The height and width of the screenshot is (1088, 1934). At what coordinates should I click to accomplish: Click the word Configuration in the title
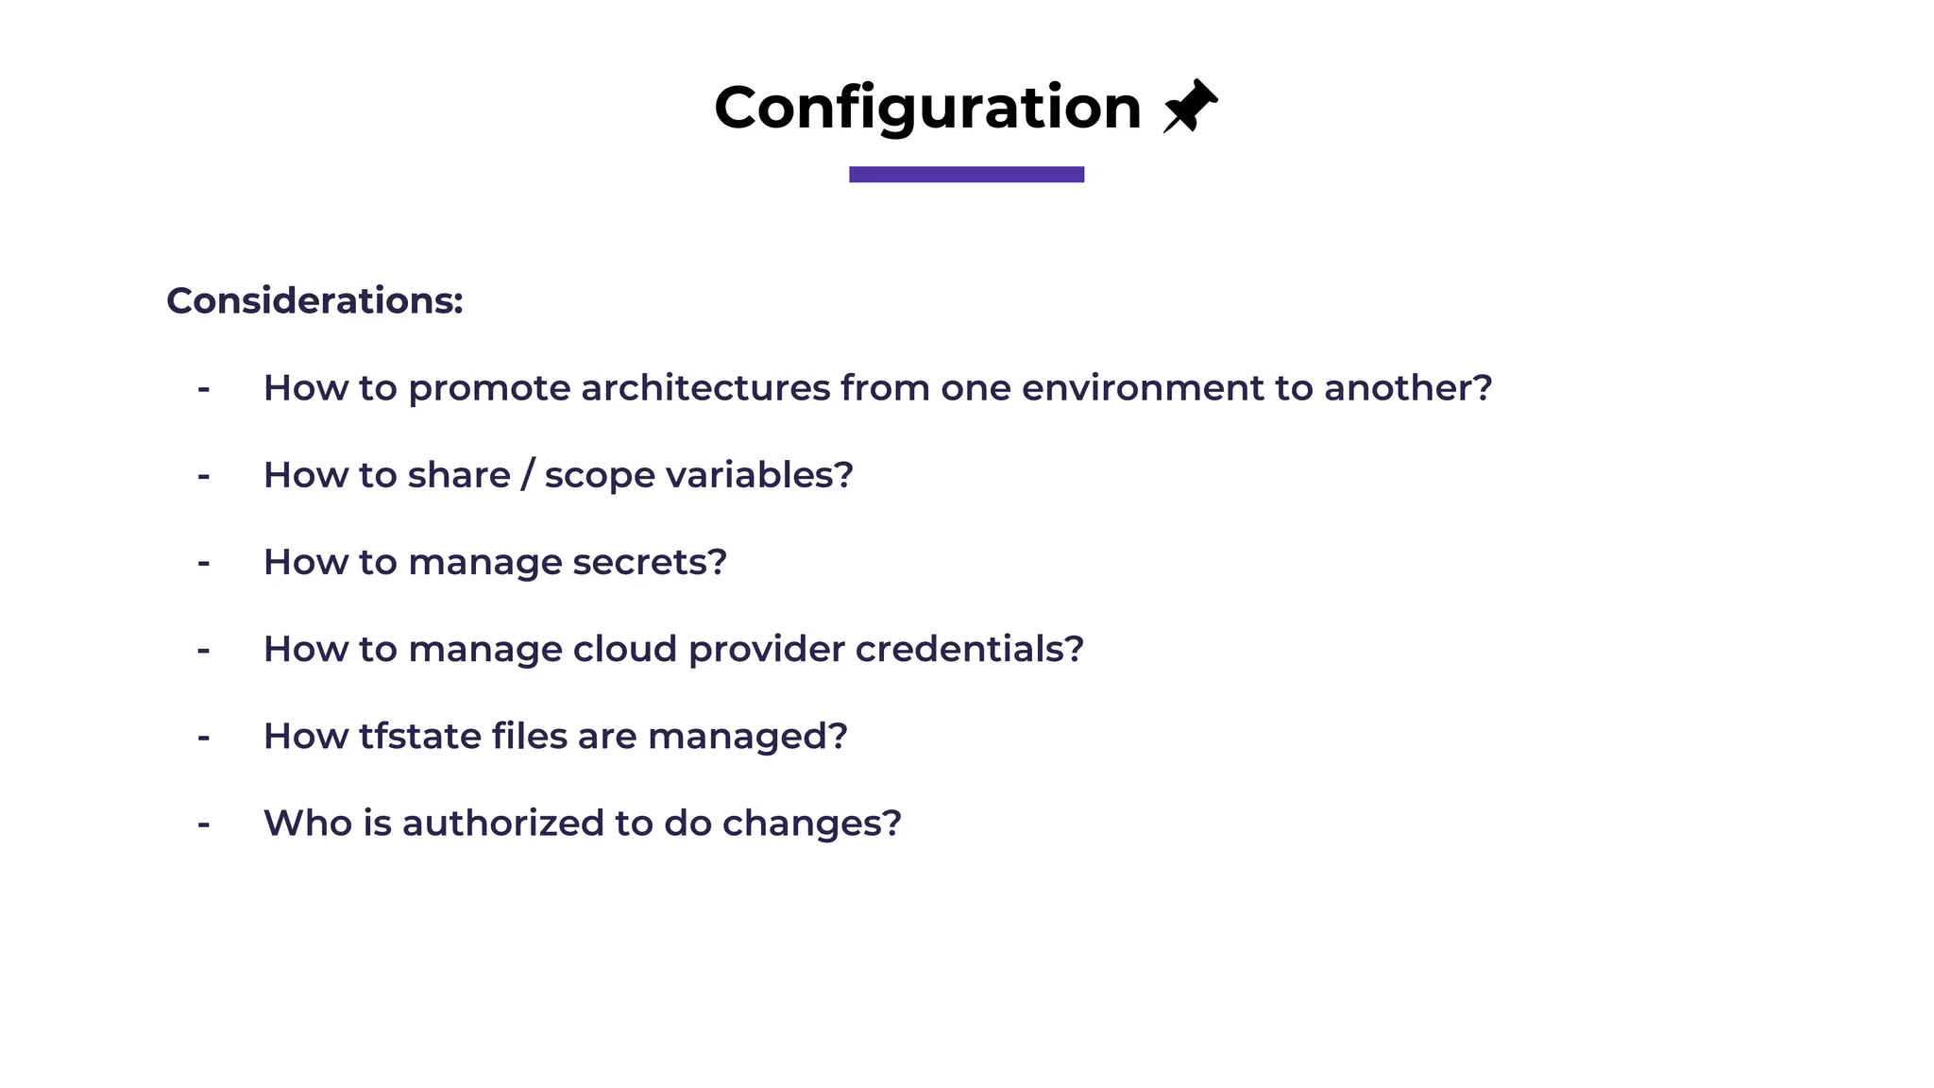pos(927,108)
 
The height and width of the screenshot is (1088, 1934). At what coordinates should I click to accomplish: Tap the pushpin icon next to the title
pos(1190,106)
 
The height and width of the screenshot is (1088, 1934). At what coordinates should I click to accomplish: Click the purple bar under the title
pos(966,174)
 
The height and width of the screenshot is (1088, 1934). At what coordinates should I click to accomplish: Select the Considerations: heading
pos(314,300)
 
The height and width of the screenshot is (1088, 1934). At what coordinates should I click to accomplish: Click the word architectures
pos(704,388)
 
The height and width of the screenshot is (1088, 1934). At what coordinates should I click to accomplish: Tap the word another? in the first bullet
pos(1407,388)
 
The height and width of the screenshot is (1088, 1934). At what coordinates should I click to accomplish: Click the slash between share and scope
pos(527,475)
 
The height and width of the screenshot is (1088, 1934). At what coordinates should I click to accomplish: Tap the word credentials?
pos(969,649)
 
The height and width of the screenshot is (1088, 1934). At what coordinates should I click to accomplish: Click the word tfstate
pos(419,736)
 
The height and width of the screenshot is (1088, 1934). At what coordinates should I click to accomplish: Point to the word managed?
pos(747,737)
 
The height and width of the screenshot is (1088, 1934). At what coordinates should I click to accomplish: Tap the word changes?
pos(811,824)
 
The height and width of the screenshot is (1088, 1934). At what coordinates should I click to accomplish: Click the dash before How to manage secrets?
pos(203,563)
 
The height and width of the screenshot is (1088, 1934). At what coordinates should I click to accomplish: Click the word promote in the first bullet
pos(489,389)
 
